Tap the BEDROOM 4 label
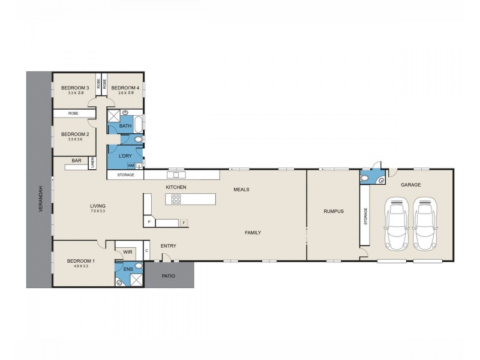pyautogui.click(x=125, y=88)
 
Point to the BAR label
pyautogui.click(x=76, y=160)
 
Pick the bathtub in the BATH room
pyautogui.click(x=137, y=125)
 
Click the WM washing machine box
pyautogui.click(x=131, y=165)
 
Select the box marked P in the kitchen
pyautogui.click(x=148, y=223)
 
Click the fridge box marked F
pyautogui.click(x=184, y=223)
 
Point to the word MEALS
pyautogui.click(x=241, y=189)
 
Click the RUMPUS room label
pyautogui.click(x=332, y=211)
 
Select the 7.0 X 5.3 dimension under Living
pyautogui.click(x=98, y=212)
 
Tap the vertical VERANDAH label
pyautogui.click(x=37, y=199)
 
